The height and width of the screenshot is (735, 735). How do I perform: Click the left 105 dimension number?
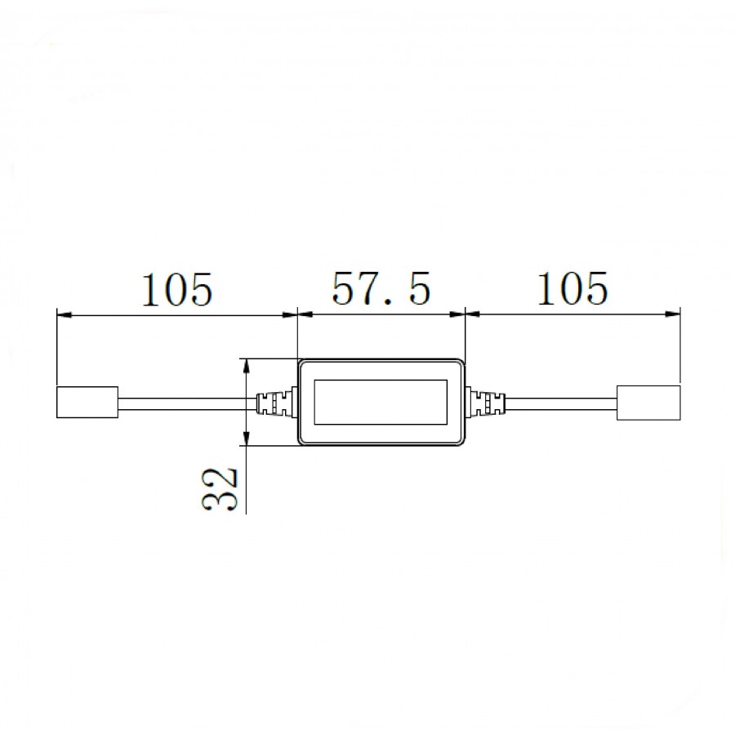[x=177, y=289]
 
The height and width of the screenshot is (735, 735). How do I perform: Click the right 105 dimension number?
[x=572, y=289]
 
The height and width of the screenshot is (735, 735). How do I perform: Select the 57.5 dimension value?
[x=381, y=289]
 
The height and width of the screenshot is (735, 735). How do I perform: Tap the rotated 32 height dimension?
[x=220, y=488]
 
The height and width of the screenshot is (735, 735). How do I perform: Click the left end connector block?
[x=87, y=403]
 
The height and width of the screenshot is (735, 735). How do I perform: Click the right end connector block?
[x=648, y=403]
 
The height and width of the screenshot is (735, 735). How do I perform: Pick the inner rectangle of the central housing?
[x=381, y=403]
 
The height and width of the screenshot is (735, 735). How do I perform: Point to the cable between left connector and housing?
[x=188, y=403]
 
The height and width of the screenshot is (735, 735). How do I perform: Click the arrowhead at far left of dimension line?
[x=62, y=313]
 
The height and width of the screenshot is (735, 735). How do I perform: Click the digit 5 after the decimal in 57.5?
[x=419, y=289]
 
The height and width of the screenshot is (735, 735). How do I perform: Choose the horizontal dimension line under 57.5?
[x=381, y=313]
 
